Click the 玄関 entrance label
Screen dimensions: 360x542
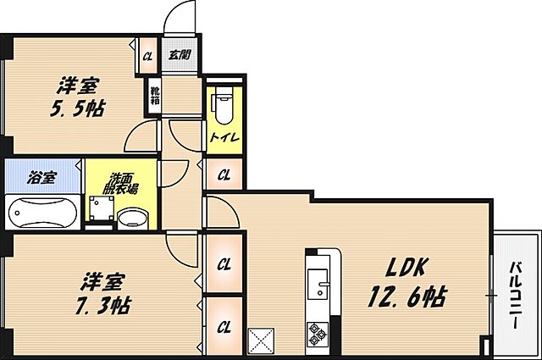tap(179, 56)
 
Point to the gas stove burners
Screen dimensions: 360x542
tap(319, 333)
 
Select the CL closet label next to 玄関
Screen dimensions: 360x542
tap(147, 56)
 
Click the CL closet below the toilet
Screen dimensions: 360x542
tap(224, 175)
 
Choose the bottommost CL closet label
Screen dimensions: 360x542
tap(224, 326)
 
